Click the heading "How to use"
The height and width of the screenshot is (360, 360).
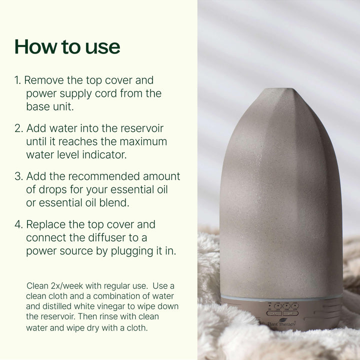pos(67,46)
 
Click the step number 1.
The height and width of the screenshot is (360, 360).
pos(17,80)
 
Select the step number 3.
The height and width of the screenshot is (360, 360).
pos(18,176)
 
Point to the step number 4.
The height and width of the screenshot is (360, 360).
pos(18,224)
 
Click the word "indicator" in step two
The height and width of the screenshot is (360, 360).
pos(102,154)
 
